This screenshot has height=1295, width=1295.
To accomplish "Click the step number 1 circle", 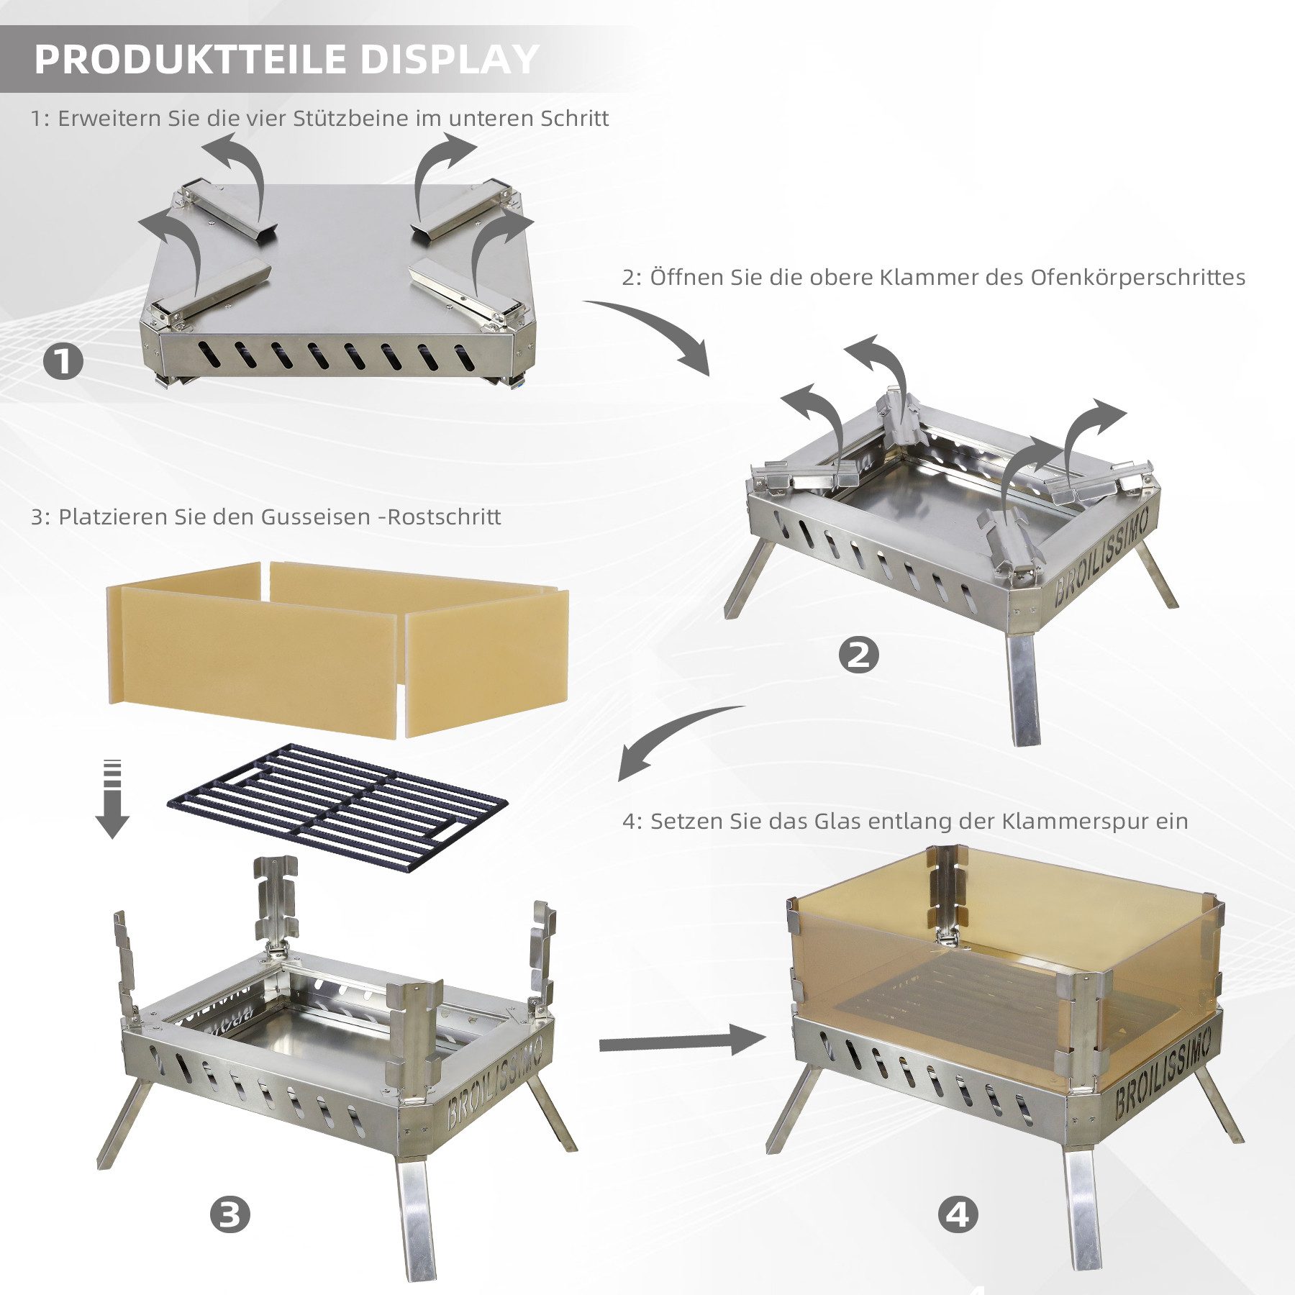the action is click(63, 361).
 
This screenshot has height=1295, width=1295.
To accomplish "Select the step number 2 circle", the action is click(858, 655).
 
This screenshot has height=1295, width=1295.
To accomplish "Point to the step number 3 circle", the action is click(230, 1215).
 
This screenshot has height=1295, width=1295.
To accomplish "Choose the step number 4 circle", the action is click(958, 1215).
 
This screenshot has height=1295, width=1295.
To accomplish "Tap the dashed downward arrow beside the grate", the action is click(112, 799).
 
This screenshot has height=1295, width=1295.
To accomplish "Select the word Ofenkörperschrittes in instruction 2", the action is click(1138, 278).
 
